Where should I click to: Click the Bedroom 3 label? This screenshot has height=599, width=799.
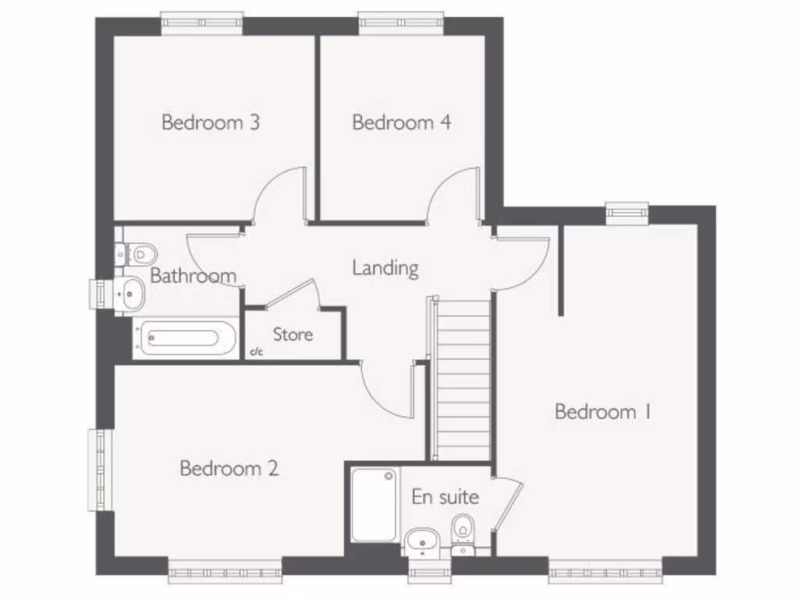point(210,122)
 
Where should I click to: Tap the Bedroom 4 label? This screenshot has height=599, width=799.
point(401,122)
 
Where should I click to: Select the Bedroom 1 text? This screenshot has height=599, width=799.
point(602,412)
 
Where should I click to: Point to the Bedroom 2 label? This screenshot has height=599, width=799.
point(229,468)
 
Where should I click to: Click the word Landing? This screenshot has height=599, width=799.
point(385,268)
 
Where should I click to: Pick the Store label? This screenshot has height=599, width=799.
point(293,335)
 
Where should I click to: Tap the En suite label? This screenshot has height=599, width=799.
point(445,497)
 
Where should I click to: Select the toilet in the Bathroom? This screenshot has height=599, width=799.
point(139,253)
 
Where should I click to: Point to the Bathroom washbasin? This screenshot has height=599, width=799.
point(130,292)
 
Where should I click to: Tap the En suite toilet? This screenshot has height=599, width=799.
point(463,530)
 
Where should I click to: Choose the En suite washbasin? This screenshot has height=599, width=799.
point(424,540)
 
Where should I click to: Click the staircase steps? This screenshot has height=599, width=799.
point(462,378)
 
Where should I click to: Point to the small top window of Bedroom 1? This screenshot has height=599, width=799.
point(627,210)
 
